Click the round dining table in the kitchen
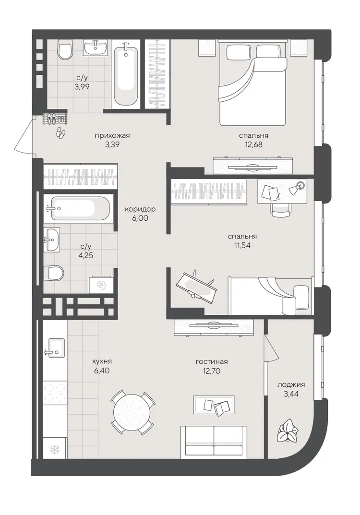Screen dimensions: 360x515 tap(132, 411)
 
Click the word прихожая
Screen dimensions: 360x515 tap(112, 136)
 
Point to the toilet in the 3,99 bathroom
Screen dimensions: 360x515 tap(65, 49)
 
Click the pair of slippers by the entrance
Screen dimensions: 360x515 tap(60, 132)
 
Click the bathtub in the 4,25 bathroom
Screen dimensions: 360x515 tap(79, 208)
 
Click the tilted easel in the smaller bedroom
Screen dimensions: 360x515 tap(196, 285)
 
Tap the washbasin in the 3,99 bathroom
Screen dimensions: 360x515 tap(95, 48)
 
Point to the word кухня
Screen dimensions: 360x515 tap(102, 361)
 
